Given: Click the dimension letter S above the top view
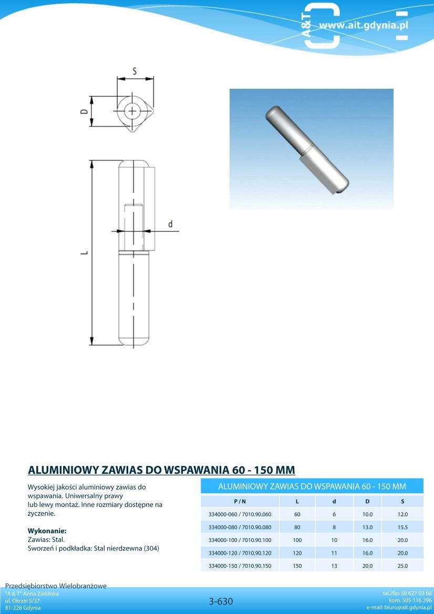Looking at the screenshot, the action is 135,71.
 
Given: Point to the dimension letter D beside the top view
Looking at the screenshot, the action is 84,111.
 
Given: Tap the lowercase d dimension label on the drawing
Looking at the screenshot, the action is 170,224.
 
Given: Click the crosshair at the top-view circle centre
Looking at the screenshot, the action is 132,111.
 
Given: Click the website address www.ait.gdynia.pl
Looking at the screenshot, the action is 363,25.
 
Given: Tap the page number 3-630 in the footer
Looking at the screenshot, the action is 221,601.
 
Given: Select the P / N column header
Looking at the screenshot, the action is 240,501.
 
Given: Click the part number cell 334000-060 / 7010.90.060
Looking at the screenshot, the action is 240,514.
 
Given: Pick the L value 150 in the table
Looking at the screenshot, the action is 297,566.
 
